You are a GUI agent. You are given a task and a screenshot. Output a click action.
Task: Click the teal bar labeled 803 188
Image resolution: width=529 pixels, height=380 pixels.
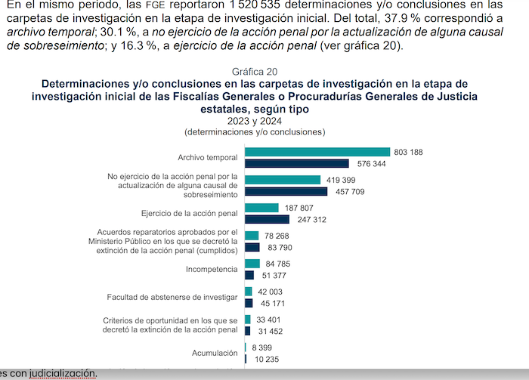tap(317, 152)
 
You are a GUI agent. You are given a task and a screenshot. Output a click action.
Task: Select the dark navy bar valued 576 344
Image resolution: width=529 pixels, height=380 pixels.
tap(297, 163)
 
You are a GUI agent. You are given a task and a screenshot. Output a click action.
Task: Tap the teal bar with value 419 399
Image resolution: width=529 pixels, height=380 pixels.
tap(281, 180)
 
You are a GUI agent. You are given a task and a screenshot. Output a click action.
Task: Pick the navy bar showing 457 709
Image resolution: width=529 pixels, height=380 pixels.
tap(286, 191)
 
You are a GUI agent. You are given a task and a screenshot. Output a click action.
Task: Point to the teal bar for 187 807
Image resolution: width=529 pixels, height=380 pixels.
tap(262, 208)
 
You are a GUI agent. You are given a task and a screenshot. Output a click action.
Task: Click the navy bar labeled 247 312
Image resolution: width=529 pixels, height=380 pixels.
tap(267, 219)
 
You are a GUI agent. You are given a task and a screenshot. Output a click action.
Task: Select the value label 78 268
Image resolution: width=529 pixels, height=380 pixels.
tap(277, 236)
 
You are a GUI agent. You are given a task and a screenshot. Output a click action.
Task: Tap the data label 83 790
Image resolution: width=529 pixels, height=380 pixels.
tap(277, 247)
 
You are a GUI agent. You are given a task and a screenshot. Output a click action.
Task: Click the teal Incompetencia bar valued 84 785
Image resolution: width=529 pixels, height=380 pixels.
tap(252, 264)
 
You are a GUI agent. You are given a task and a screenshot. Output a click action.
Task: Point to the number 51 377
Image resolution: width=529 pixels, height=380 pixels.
tap(272, 275)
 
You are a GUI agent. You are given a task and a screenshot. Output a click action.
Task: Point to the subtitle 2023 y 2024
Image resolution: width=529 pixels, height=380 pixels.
tap(254, 120)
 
